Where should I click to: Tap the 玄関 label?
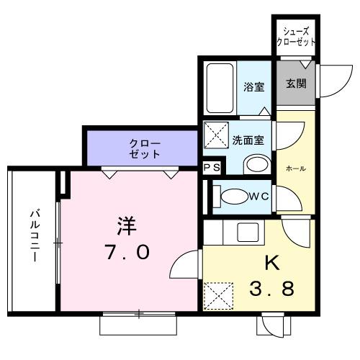(295, 83)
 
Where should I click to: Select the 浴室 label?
(253, 87)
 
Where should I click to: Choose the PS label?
(211, 168)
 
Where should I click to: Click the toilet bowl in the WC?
(233, 195)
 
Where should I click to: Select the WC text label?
(258, 195)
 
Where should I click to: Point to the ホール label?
(296, 168)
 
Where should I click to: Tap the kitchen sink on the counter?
(249, 233)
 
